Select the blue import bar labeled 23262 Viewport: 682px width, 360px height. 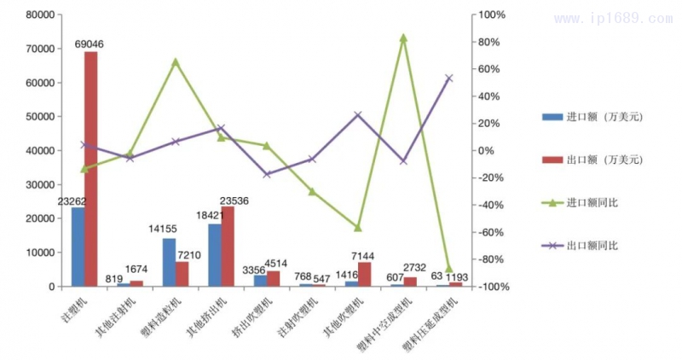(78, 247)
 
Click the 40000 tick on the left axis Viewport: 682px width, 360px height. (40, 151)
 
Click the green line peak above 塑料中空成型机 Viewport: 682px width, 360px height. (403, 38)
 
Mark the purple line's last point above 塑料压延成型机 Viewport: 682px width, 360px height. (449, 78)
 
